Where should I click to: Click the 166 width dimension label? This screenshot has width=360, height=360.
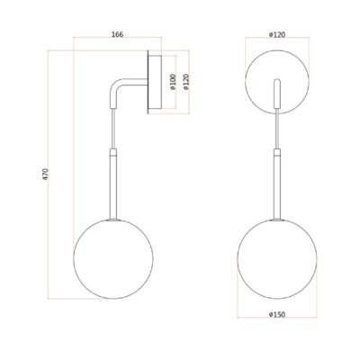click(x=117, y=34)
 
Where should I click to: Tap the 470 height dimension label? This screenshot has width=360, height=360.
click(x=45, y=175)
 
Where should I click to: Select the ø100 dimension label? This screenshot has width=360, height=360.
click(x=173, y=82)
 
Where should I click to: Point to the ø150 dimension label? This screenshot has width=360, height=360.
click(x=277, y=314)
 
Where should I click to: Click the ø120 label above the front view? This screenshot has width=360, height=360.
click(x=277, y=35)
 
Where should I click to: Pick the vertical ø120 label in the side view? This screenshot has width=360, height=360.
click(x=185, y=82)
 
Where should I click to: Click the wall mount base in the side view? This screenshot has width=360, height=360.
click(x=155, y=82)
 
